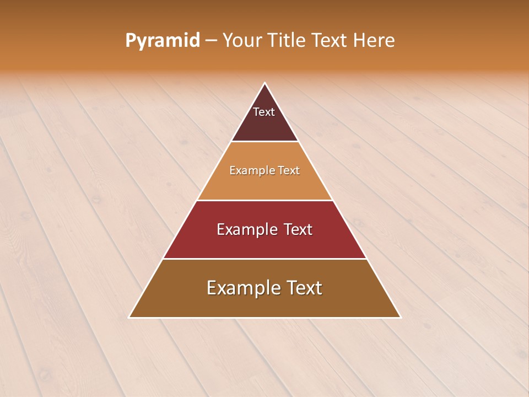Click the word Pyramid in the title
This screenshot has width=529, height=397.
163,41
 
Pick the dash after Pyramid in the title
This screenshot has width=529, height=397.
211,41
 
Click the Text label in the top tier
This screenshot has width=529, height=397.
264,112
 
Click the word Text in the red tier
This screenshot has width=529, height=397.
298,229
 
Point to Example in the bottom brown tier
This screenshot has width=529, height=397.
240,288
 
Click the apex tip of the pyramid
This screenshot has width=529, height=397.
264,84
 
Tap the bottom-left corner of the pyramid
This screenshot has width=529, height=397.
129,317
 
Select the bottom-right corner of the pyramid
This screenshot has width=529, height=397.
400,317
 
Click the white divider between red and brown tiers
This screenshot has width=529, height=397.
264,259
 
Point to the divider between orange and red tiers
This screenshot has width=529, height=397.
264,200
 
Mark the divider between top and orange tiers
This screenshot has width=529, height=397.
264,142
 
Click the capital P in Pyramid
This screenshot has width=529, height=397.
130,40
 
